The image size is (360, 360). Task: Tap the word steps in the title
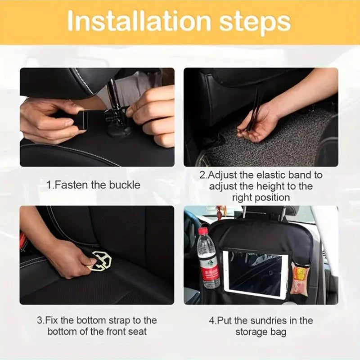[255, 23]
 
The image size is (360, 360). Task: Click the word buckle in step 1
[125, 185]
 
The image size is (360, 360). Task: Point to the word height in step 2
[271, 186]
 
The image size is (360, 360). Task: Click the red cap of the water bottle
[203, 230]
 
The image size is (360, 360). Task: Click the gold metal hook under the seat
[100, 261]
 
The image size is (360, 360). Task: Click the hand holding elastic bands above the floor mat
[258, 125]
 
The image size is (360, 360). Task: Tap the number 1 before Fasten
[49, 185]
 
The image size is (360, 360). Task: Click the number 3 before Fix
[40, 320]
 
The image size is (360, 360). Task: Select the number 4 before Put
[211, 320]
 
